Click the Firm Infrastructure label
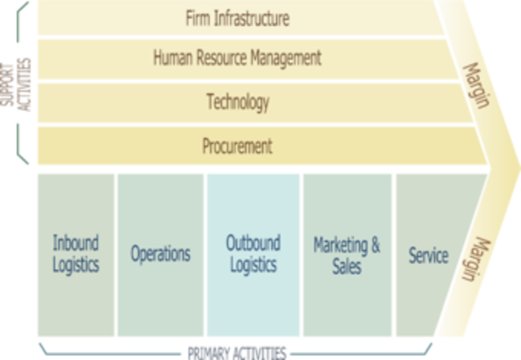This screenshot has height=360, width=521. (x=237, y=17)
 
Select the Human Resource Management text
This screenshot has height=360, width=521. (x=237, y=58)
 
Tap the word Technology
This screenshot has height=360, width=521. (x=237, y=102)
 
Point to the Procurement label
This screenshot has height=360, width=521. (x=237, y=147)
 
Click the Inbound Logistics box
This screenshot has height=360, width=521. (x=77, y=254)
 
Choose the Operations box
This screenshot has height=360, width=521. (x=160, y=254)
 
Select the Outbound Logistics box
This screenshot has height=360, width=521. (x=253, y=254)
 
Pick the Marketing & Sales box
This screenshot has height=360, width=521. (x=347, y=254)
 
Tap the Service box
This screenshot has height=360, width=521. (x=428, y=256)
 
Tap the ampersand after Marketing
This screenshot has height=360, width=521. (x=374, y=244)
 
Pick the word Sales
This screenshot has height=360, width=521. (x=347, y=266)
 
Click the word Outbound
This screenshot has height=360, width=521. (x=253, y=244)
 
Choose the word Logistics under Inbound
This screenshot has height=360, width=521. (x=77, y=265)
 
